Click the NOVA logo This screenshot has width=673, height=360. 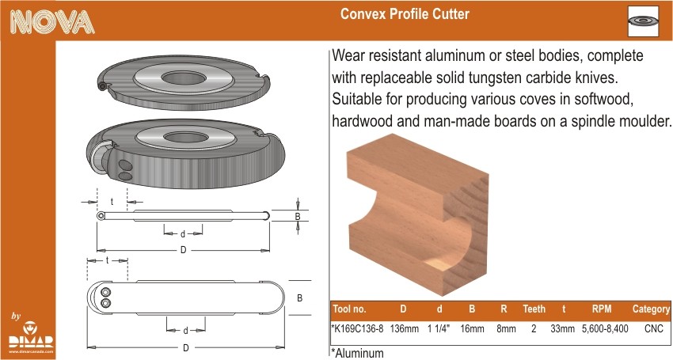(x=52, y=21)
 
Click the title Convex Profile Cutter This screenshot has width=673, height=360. (x=405, y=13)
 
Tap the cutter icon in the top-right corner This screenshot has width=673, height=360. (x=643, y=21)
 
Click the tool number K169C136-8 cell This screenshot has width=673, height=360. (x=357, y=328)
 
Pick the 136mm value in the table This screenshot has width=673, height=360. (x=404, y=328)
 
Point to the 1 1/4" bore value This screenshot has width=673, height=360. (x=438, y=328)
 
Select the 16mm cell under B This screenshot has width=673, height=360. (x=472, y=328)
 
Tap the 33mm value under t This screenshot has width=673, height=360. (x=562, y=328)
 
